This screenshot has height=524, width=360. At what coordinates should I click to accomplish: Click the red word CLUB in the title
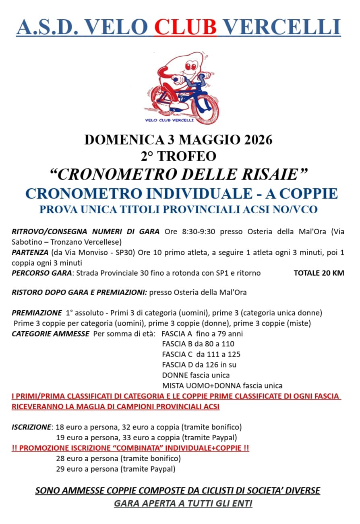(186, 27)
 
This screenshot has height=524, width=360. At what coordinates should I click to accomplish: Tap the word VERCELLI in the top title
(281, 27)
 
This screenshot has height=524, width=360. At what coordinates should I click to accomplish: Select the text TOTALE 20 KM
(319, 273)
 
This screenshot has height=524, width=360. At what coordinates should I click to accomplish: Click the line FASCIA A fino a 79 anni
(202, 334)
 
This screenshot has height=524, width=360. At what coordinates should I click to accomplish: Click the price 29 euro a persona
(87, 469)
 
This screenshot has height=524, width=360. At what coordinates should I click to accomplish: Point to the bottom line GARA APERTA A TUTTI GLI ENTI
(183, 503)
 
